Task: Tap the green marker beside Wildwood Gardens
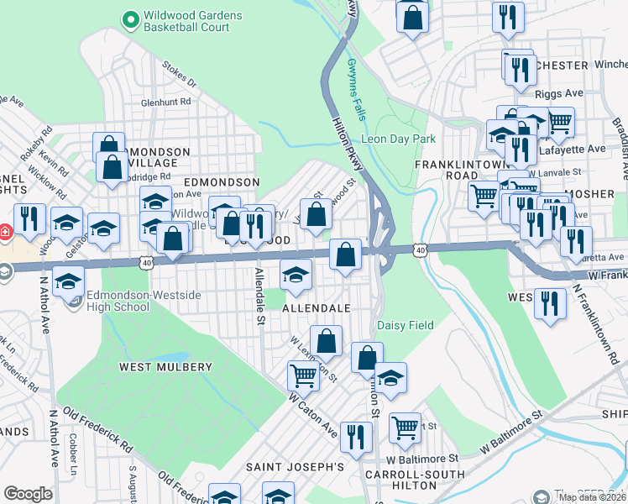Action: click(x=130, y=16)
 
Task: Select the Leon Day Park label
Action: click(x=398, y=139)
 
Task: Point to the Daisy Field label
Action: click(x=405, y=325)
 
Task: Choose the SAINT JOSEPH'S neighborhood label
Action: click(x=295, y=466)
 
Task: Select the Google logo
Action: click(x=28, y=494)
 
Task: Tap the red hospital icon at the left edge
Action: click(x=4, y=230)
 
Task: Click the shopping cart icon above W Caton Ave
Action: click(x=302, y=375)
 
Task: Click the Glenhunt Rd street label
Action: click(x=166, y=102)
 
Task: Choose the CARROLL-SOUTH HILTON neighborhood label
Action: click(x=415, y=475)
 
